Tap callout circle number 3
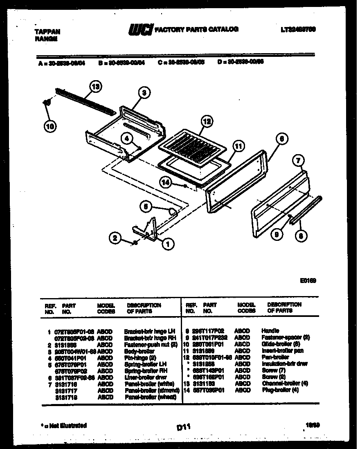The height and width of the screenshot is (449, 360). (x=143, y=93)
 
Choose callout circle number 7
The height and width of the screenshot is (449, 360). (x=299, y=160)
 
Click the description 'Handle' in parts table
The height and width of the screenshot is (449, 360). (x=270, y=330)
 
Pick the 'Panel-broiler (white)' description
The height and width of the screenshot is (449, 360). (x=149, y=384)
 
